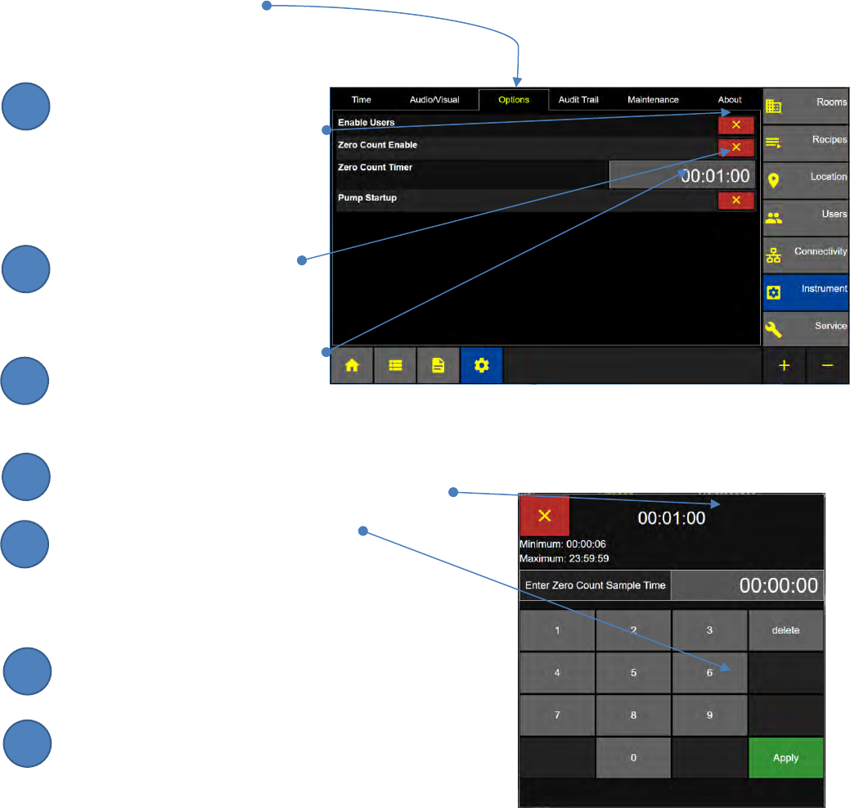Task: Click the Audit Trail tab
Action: click(578, 100)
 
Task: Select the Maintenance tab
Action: click(653, 100)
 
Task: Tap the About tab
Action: click(730, 100)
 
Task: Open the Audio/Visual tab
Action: click(434, 100)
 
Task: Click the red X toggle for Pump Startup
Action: click(735, 201)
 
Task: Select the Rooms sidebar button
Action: click(805, 103)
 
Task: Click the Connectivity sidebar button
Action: click(805, 252)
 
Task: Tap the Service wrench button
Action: click(805, 327)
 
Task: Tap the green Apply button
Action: click(785, 758)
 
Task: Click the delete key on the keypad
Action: click(785, 630)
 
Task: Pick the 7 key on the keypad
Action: click(557, 715)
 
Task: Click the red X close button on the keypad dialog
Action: click(544, 516)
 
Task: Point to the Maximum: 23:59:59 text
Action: click(564, 558)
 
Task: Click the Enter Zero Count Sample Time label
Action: click(595, 586)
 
